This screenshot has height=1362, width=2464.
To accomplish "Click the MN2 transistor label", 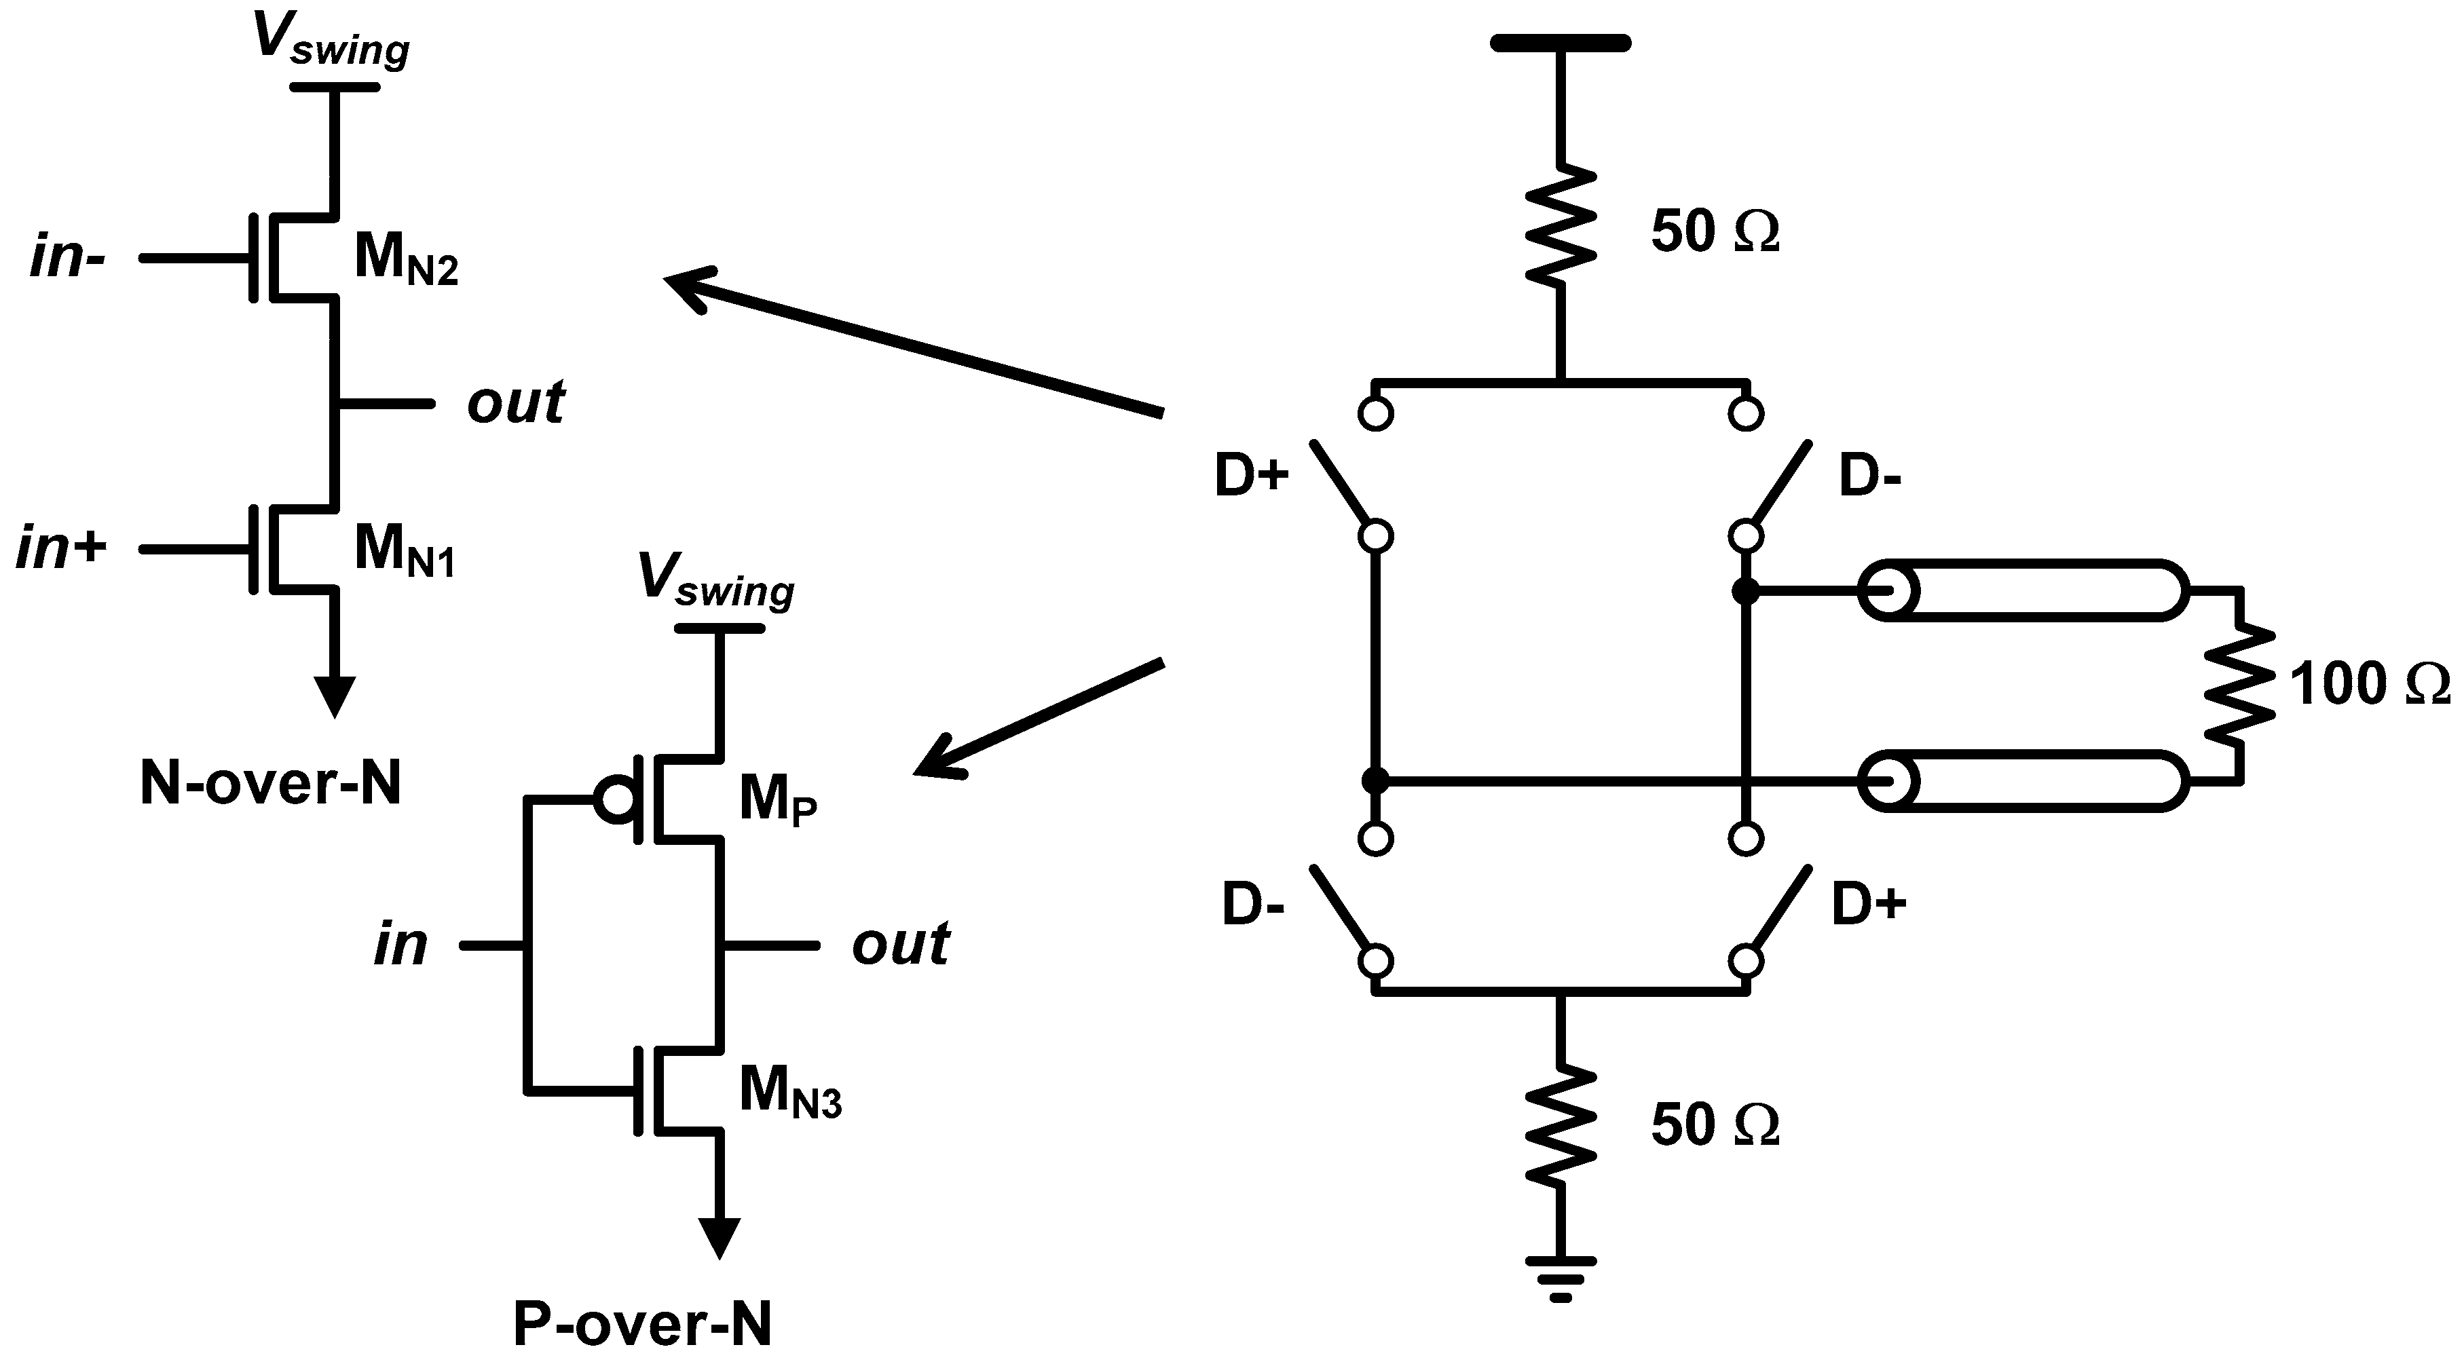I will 405,260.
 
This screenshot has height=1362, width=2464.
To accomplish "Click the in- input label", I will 67,259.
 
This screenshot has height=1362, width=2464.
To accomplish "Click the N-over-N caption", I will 271,784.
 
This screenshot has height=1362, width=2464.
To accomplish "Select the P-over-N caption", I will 642,1325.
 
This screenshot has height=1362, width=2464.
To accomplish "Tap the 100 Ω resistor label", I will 2370,685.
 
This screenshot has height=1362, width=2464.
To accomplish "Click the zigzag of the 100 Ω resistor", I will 2238,685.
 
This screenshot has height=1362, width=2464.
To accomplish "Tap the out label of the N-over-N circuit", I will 516,402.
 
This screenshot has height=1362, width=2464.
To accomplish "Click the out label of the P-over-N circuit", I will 900,945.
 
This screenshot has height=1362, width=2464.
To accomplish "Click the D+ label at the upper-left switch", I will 1251,477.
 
